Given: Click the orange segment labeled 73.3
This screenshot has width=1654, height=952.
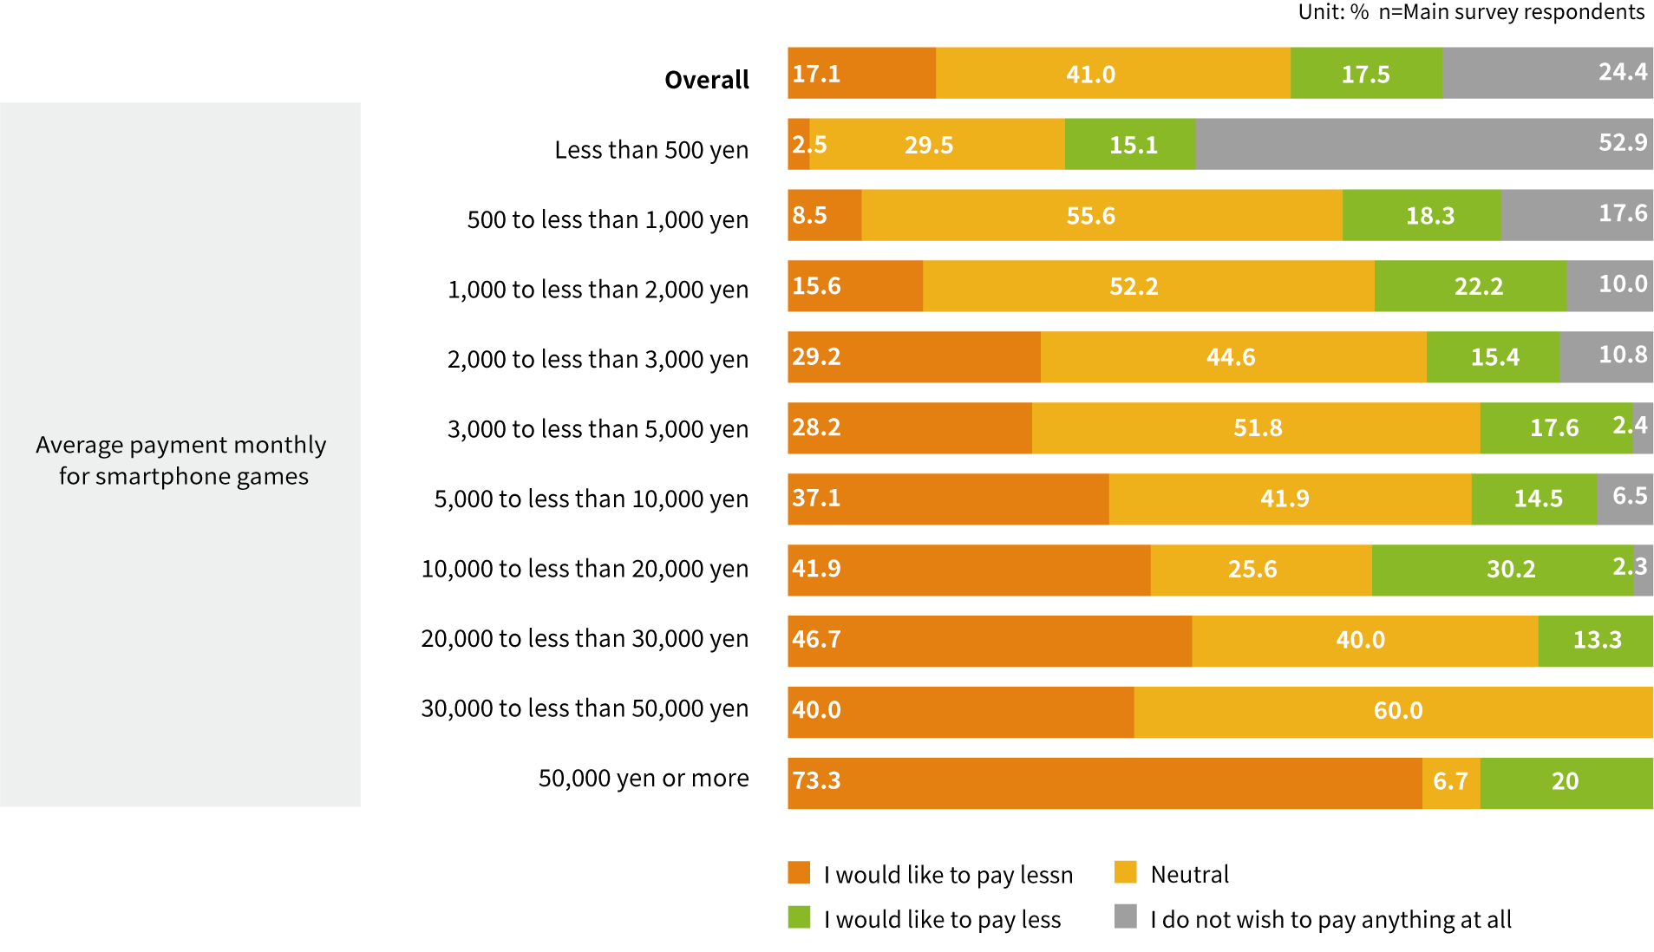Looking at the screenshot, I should coord(1105,784).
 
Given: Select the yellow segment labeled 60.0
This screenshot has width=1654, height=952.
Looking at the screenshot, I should coord(1393,713).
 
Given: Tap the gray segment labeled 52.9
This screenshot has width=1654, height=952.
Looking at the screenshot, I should coord(1424,144).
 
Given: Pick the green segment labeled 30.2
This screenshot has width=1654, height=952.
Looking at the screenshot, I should coord(1502,571).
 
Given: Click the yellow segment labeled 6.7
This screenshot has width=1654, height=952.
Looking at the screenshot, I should coord(1451,784).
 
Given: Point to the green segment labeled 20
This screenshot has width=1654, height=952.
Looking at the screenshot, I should coord(1566,784).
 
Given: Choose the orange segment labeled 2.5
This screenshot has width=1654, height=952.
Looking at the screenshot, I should coord(799,144).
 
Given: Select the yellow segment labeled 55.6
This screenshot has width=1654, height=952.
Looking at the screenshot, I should coord(1102,215).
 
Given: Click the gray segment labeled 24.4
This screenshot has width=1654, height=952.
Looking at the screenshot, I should coord(1548,73).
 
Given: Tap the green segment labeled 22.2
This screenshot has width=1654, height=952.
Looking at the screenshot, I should coord(1470,286).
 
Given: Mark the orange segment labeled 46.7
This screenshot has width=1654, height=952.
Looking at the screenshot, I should coord(990,642).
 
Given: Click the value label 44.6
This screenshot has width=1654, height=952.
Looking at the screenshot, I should coord(1231,357).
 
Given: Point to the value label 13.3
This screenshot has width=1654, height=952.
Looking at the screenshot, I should coord(1597,640).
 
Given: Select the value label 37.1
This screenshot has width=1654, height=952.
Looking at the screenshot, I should coord(816,499).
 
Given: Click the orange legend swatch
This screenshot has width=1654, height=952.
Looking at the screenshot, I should coord(799,872).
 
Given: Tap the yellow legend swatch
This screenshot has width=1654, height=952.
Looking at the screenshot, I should coord(1126,872).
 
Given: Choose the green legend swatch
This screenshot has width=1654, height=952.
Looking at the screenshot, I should coord(799,916).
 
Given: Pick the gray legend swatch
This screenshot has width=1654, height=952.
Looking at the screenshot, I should coord(1126,916).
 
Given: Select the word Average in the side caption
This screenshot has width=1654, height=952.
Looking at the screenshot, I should coord(80,446).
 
